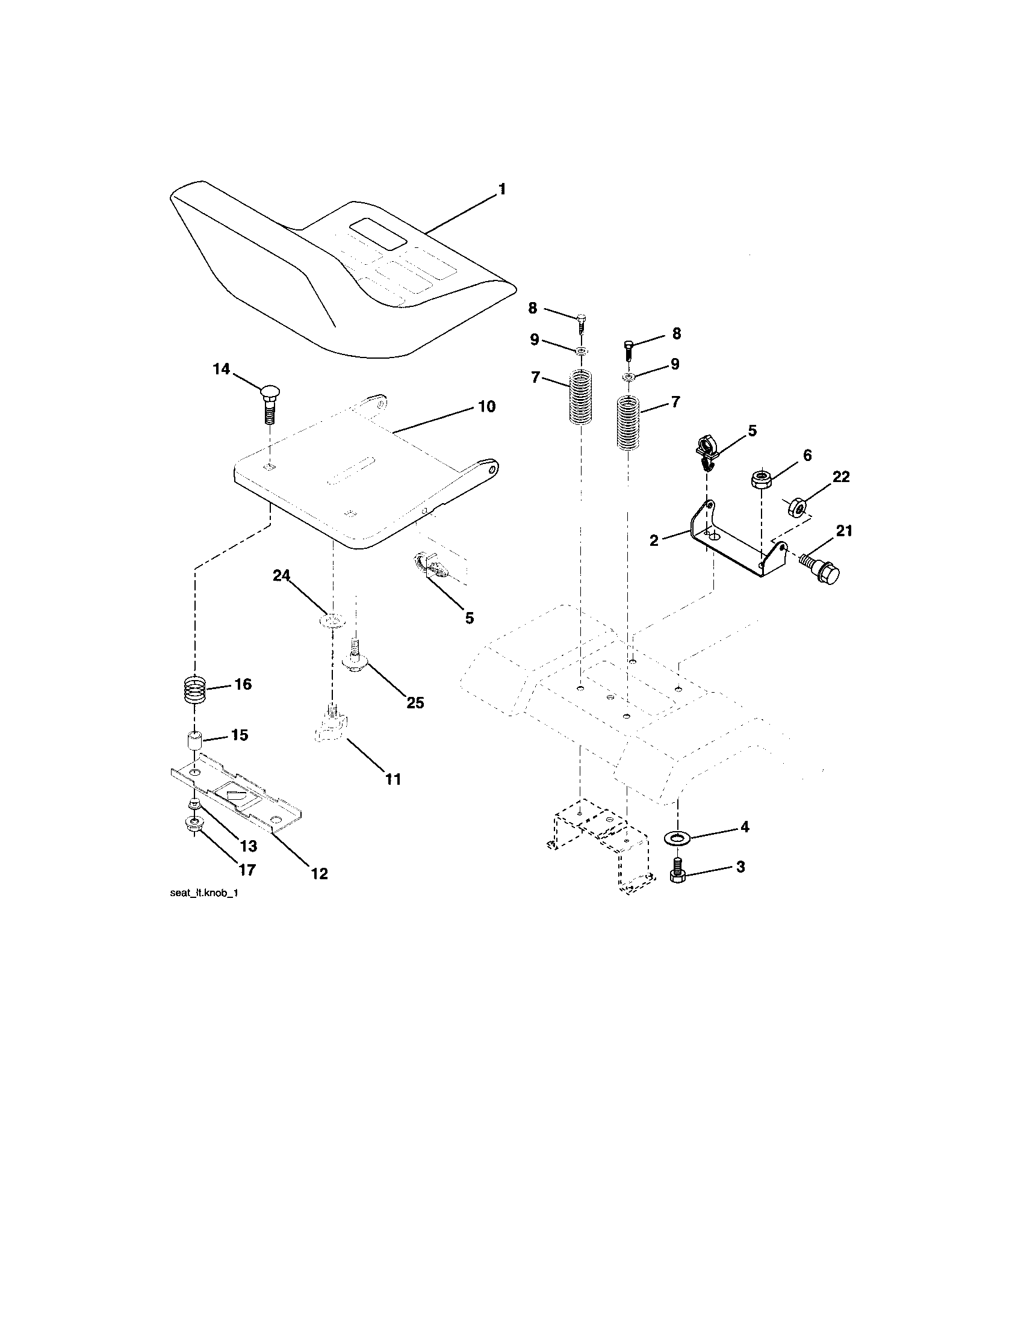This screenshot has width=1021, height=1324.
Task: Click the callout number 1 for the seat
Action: coord(501,189)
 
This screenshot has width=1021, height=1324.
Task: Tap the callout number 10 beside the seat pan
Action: coord(486,406)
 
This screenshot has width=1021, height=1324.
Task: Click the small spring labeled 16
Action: coord(195,690)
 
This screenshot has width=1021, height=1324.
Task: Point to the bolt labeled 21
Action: coord(821,566)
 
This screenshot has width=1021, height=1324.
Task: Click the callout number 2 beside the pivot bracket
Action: coord(654,540)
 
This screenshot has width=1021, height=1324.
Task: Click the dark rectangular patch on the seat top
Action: coord(377,234)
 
